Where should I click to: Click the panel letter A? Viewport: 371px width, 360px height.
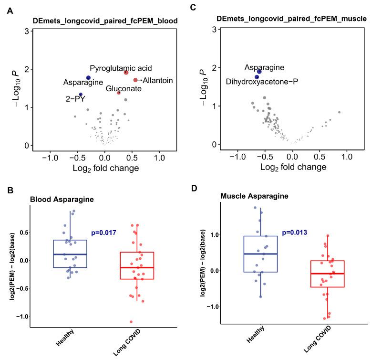(10, 10)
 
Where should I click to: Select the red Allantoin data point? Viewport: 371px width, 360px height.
(135, 80)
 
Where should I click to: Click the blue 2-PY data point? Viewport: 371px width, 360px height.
(81, 95)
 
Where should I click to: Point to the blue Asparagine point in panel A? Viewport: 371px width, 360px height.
(88, 78)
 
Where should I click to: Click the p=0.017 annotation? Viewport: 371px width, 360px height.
(103, 233)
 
